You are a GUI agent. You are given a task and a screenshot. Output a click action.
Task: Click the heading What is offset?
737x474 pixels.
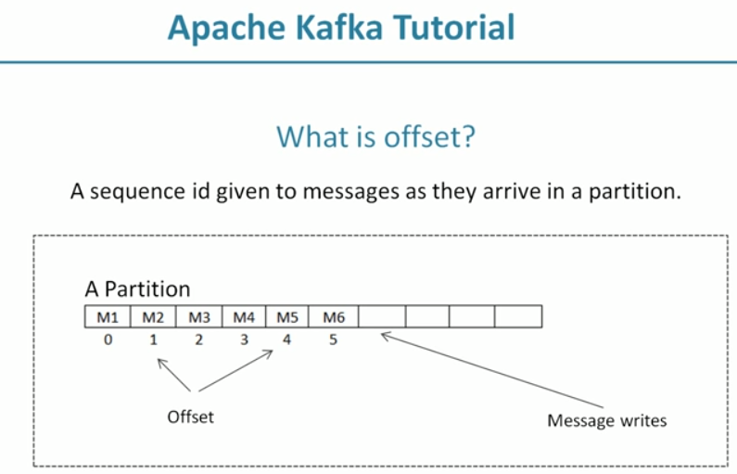[x=375, y=137]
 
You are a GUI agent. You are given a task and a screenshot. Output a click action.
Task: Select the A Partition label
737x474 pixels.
[x=137, y=288]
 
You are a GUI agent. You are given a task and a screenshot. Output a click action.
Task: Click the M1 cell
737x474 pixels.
[x=108, y=317]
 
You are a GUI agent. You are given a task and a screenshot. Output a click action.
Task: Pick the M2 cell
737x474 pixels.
[x=153, y=317]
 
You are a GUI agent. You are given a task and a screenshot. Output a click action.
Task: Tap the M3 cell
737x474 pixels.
[x=198, y=317]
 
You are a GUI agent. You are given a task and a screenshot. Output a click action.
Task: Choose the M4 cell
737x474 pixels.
[x=244, y=317]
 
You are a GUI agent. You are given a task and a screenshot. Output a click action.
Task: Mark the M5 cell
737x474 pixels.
[x=288, y=317]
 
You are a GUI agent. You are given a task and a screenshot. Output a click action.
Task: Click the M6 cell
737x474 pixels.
[x=334, y=317]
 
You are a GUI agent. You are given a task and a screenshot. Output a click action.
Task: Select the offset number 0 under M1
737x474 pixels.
[x=108, y=339]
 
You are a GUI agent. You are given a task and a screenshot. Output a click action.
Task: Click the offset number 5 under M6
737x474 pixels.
[x=334, y=339]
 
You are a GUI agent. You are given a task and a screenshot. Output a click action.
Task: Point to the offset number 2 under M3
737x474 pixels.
[x=198, y=339]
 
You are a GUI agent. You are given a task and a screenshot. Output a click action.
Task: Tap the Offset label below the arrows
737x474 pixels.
[x=190, y=416]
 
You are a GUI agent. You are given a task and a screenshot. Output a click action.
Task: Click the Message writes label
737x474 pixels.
[x=606, y=421]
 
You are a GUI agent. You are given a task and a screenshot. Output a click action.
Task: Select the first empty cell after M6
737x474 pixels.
[x=382, y=317]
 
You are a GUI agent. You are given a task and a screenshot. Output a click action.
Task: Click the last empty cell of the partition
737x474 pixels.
[x=517, y=317]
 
